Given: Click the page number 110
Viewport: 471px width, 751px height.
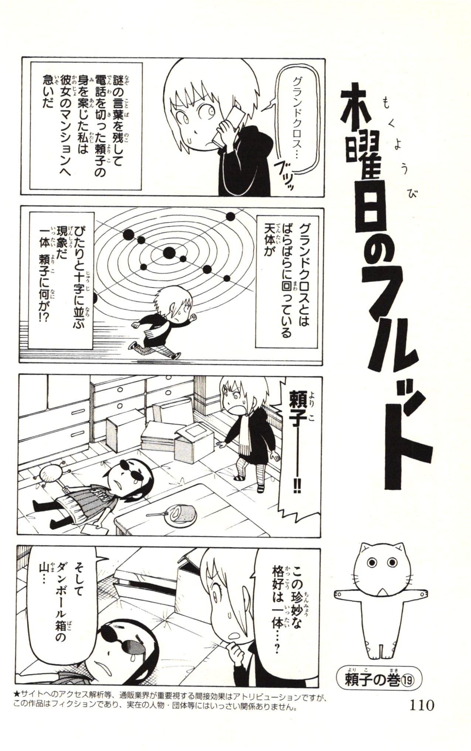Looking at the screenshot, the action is (x=421, y=706).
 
